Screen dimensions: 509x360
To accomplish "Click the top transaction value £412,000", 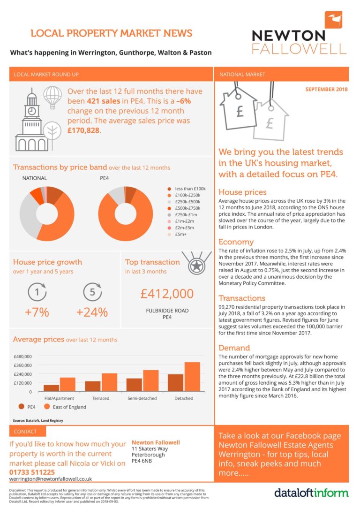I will click(x=167, y=294).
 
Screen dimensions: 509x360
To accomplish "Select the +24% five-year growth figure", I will click(x=92, y=312).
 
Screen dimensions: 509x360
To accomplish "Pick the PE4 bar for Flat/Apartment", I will click(x=52, y=388).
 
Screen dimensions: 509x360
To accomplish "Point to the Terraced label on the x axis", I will click(x=101, y=398).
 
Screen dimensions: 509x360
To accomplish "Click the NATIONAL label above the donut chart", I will click(x=35, y=178).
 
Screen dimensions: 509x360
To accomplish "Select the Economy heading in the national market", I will click(x=236, y=242).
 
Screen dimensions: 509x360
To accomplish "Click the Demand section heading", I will click(x=234, y=348).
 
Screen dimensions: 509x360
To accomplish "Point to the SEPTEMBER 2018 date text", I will click(x=327, y=89).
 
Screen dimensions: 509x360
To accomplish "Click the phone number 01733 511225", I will click(x=32, y=472).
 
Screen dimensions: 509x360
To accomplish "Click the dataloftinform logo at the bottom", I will click(x=311, y=493).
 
